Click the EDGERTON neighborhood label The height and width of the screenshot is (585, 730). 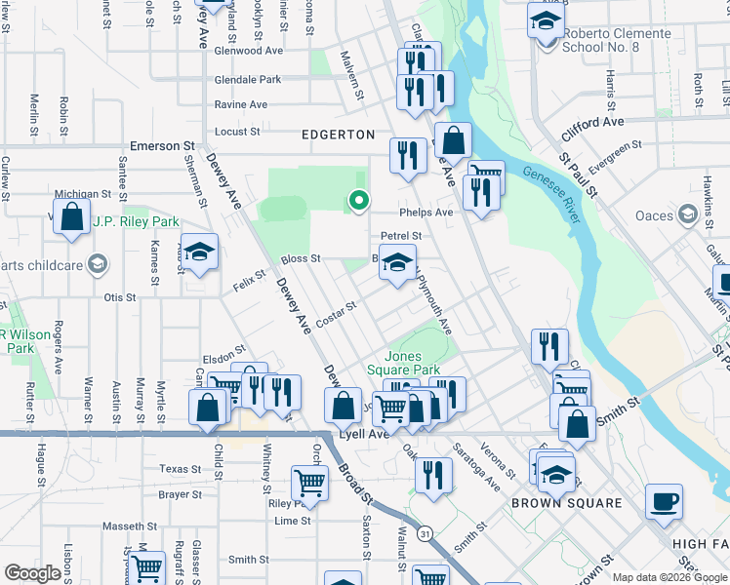pyautogui.click(x=338, y=135)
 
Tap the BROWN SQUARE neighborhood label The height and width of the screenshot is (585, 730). pyautogui.click(x=566, y=503)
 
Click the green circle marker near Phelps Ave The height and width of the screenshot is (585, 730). pyautogui.click(x=358, y=201)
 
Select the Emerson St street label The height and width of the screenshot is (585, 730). pyautogui.click(x=162, y=146)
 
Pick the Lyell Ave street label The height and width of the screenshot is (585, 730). pyautogui.click(x=364, y=434)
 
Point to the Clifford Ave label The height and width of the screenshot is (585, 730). pyautogui.click(x=592, y=123)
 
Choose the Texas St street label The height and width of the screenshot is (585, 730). pyautogui.click(x=180, y=469)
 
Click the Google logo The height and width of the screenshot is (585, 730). pyautogui.click(x=33, y=573)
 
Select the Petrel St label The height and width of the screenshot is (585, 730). pyautogui.click(x=400, y=236)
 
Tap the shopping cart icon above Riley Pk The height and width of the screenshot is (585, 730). pyautogui.click(x=309, y=482)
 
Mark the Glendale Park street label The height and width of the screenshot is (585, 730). pyautogui.click(x=248, y=80)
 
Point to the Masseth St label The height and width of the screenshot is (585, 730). pyautogui.click(x=124, y=526)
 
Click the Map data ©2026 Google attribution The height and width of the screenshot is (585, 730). pyautogui.click(x=669, y=577)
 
